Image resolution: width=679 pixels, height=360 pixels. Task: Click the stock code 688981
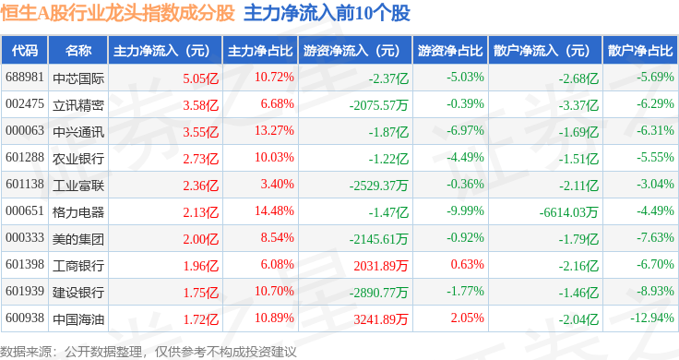(25, 78)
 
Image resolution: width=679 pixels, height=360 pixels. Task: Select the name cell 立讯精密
(78, 105)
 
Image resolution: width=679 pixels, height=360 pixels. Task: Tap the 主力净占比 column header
(260, 51)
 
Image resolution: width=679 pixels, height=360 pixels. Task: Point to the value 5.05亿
(200, 78)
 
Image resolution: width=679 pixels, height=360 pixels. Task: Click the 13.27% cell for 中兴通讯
(274, 130)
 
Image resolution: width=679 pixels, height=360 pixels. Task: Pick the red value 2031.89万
(381, 266)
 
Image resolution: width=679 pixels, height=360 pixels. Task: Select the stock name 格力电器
(78, 212)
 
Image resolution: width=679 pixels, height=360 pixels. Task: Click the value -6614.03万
(568, 212)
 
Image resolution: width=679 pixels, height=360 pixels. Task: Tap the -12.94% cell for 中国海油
(652, 318)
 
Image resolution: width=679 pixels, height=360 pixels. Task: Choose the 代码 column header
(25, 51)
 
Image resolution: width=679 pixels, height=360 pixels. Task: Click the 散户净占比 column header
(640, 51)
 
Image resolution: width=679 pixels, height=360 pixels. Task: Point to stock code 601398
(25, 264)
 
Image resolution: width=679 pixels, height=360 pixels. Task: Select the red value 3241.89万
(381, 319)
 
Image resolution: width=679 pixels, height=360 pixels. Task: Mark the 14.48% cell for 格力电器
(274, 211)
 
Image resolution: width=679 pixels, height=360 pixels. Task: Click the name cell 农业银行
(78, 159)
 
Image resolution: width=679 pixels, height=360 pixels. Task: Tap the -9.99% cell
(466, 211)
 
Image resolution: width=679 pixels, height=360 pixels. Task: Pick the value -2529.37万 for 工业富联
(379, 186)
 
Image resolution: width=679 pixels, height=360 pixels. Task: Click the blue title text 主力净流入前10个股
(327, 13)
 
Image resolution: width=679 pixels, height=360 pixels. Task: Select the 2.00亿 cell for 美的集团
(200, 239)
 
